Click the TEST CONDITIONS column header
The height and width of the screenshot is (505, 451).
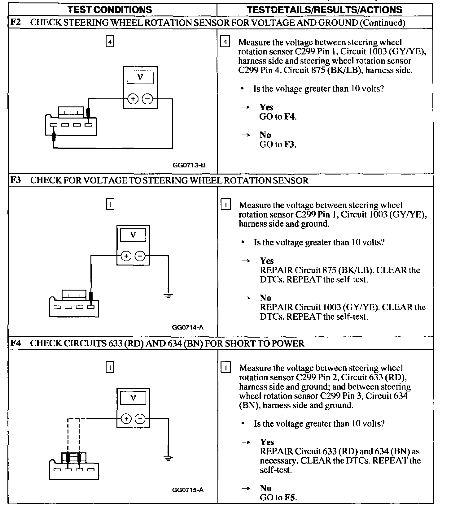[110, 10]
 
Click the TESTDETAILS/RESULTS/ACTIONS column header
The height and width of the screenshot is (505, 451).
[325, 10]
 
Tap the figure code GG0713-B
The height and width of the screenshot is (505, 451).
[189, 165]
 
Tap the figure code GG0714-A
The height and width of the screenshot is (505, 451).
[188, 327]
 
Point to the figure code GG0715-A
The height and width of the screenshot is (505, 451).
[188, 490]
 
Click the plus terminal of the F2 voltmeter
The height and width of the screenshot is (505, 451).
[133, 99]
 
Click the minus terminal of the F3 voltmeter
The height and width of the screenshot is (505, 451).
[140, 256]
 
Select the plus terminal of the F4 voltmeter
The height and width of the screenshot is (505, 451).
[126, 419]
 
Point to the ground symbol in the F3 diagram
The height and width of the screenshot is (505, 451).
[168, 296]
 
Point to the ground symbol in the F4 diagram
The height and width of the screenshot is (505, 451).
[168, 458]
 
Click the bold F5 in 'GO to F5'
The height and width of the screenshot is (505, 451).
[290, 498]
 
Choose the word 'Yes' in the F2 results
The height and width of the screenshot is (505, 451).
[266, 107]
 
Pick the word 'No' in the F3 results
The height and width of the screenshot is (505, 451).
[266, 298]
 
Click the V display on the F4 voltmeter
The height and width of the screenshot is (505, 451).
[133, 398]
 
